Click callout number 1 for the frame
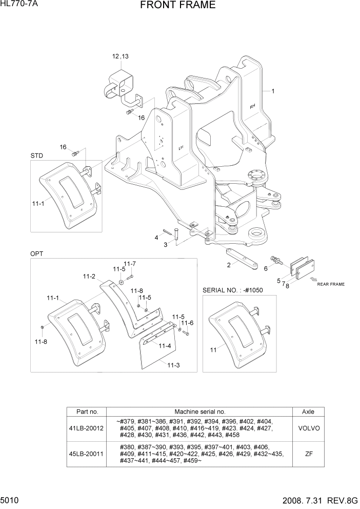coord(273,91)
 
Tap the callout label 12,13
coord(121,56)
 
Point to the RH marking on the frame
coord(252,106)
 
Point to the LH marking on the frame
coord(181,147)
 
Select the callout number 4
coord(156,238)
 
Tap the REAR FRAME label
coord(330,284)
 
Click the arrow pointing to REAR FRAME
coord(312,280)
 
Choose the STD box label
coord(36,155)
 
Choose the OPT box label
coord(36,254)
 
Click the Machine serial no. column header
coord(199,412)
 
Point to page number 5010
coord(11,498)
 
